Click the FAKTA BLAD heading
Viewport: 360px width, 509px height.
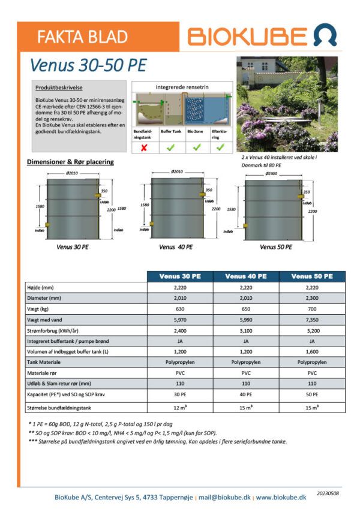(83, 37)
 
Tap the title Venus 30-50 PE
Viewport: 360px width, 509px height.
(88, 65)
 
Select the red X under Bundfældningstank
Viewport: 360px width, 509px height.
(144, 146)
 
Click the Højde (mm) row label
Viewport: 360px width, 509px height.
(42, 287)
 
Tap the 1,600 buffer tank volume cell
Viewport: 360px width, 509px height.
(311, 351)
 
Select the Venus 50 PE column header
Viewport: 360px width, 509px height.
(311, 276)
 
